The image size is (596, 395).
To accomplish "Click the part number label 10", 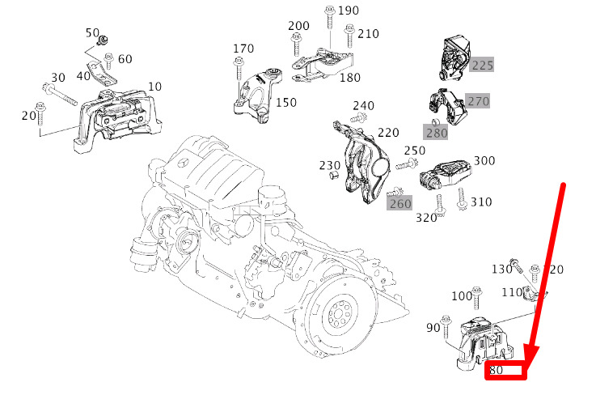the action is point(154,87).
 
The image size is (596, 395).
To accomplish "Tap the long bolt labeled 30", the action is point(60,94).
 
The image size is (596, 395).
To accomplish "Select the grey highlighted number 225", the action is point(482,65).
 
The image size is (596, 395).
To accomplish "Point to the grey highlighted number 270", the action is point(478,101).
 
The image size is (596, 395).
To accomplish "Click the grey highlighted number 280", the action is point(437,133).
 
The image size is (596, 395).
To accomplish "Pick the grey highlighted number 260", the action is point(399,203).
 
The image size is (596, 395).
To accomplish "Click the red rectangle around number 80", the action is point(505,371).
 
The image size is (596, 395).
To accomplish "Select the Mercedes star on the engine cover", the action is point(184,163).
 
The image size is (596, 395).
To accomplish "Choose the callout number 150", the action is point(286,102).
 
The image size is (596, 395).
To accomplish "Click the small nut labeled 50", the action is point(102,40).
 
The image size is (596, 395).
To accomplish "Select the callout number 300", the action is point(484,160).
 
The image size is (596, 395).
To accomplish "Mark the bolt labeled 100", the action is point(476,298).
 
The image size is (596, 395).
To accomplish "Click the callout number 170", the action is point(243,49).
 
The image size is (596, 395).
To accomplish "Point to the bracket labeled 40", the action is point(102,73).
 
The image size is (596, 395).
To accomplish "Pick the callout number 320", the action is point(426,218).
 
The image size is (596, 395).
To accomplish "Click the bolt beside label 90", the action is point(446,327).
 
